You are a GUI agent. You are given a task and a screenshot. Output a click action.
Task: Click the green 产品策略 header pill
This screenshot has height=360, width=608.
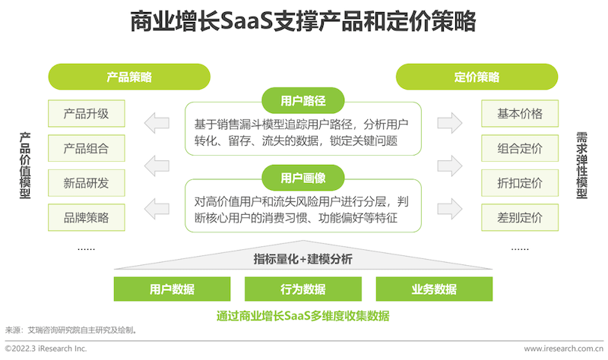click(x=129, y=77)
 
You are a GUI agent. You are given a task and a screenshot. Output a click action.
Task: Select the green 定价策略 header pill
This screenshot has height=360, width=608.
click(x=477, y=77)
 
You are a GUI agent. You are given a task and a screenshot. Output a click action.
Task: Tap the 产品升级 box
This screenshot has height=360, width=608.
click(x=87, y=113)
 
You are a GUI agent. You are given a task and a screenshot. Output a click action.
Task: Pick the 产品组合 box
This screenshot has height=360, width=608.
click(x=87, y=148)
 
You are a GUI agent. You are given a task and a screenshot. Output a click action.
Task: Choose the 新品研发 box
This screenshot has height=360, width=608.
click(x=87, y=183)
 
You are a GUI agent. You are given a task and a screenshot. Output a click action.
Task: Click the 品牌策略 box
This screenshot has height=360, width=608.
click(x=87, y=217)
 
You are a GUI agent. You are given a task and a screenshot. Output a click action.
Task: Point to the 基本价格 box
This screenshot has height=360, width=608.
click(x=520, y=113)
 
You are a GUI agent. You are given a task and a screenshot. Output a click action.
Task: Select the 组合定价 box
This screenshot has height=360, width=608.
click(x=520, y=148)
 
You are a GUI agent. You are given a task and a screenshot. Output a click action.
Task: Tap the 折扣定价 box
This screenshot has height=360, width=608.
click(x=520, y=183)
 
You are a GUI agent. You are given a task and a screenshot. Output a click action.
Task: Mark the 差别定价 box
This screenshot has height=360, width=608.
click(x=520, y=217)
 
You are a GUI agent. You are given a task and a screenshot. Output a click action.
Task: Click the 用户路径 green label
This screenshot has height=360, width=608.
click(x=302, y=101)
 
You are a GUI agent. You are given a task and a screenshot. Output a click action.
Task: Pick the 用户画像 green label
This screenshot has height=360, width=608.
click(x=302, y=178)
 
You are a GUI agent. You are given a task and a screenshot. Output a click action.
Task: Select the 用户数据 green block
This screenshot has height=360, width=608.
click(x=172, y=289)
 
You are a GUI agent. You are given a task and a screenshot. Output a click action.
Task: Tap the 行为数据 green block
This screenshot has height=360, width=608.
click(x=302, y=289)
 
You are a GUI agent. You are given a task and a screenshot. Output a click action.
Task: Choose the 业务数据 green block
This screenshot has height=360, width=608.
click(x=434, y=289)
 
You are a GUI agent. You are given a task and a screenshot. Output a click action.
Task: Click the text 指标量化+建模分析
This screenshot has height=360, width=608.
click(x=302, y=259)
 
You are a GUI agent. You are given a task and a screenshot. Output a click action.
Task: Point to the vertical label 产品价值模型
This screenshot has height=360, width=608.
click(x=25, y=166)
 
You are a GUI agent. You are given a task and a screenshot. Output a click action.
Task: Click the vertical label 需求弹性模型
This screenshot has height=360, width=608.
click(x=581, y=166)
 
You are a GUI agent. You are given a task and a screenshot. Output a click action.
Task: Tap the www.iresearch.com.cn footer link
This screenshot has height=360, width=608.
click(x=564, y=349)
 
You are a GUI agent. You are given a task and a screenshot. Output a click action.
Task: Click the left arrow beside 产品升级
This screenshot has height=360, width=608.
click(x=157, y=123)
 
